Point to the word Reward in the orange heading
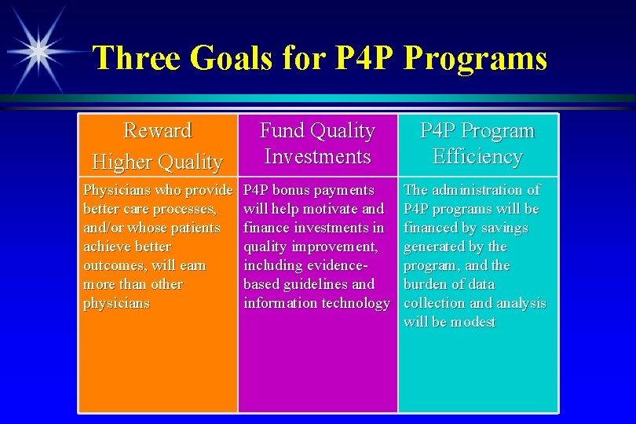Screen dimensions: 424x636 [x=157, y=130]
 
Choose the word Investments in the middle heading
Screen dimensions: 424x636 [x=317, y=157]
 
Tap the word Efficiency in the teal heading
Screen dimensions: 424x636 [x=477, y=157]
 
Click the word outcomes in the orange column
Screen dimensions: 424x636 [x=112, y=265]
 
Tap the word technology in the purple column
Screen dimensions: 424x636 [x=352, y=303]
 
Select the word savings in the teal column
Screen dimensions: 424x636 [x=503, y=228]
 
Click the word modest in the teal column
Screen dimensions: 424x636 [x=473, y=322]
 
